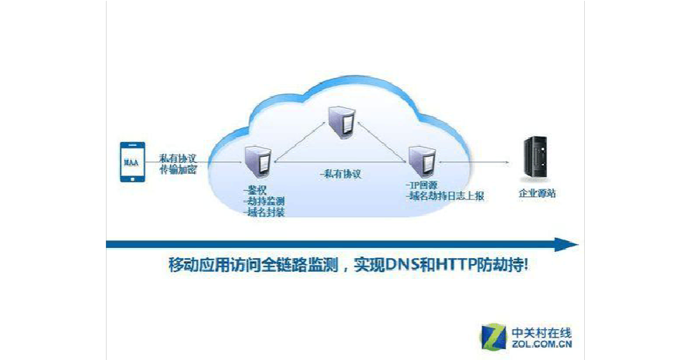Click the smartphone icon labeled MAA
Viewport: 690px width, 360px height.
(132, 161)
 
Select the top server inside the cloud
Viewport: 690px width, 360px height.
(340, 122)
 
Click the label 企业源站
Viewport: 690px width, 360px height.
(537, 194)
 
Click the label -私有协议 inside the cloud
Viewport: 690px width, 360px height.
(341, 175)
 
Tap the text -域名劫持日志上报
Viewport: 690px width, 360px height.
(446, 198)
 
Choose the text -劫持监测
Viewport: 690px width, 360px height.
(263, 201)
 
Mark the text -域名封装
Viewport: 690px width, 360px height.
(263, 212)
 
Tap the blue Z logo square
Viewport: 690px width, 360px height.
(493, 336)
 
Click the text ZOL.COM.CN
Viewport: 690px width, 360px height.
(541, 345)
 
